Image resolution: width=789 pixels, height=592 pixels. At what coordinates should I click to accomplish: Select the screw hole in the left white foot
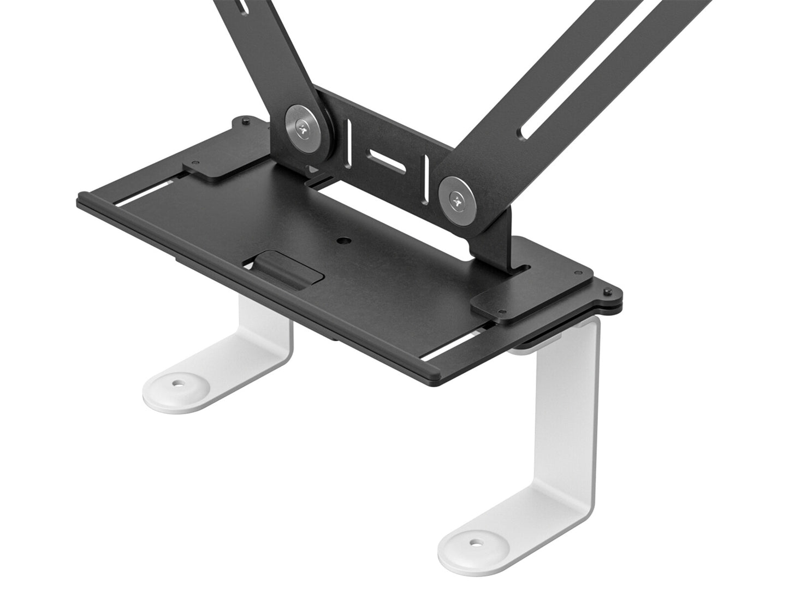coord(176,384)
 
